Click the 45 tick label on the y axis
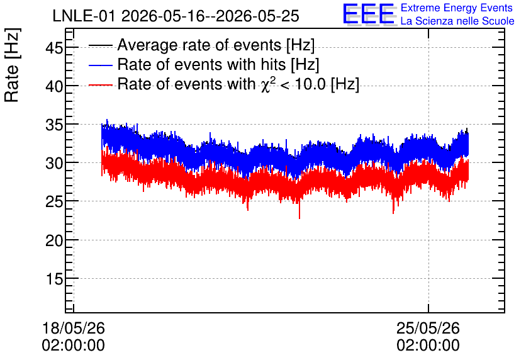point(54,48)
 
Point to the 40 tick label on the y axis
point(54,86)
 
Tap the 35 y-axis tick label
point(54,125)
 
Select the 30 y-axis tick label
point(54,164)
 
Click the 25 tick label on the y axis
point(54,202)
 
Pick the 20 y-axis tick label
point(54,240)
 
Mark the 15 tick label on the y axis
point(54,279)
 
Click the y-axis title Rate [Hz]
point(12,65)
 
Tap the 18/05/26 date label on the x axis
point(74,328)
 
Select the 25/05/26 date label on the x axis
point(428,328)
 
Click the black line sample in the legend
point(100,45)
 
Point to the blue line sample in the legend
point(100,65)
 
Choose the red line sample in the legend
point(100,84)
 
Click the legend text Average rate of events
point(199,45)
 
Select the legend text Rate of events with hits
point(201,64)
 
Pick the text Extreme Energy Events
point(457,8)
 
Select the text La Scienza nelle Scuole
point(457,21)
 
